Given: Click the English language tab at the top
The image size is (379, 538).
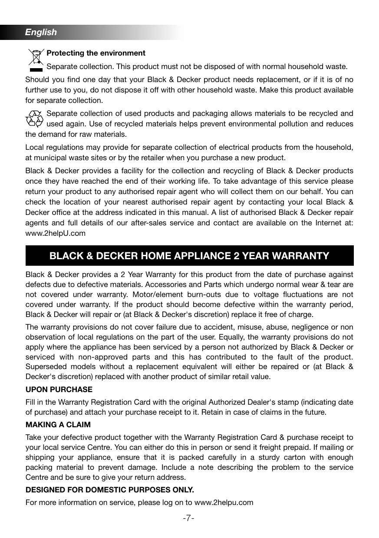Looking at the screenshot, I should [41, 32].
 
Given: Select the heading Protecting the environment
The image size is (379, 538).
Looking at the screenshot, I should [96, 53].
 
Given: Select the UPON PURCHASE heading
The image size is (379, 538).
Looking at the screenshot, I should [59, 389].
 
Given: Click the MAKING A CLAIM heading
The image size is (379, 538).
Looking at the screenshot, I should [58, 425].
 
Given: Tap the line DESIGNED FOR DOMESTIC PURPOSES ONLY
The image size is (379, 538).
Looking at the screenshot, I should [110, 490].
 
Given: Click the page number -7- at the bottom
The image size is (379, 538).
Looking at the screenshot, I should [188, 518].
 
